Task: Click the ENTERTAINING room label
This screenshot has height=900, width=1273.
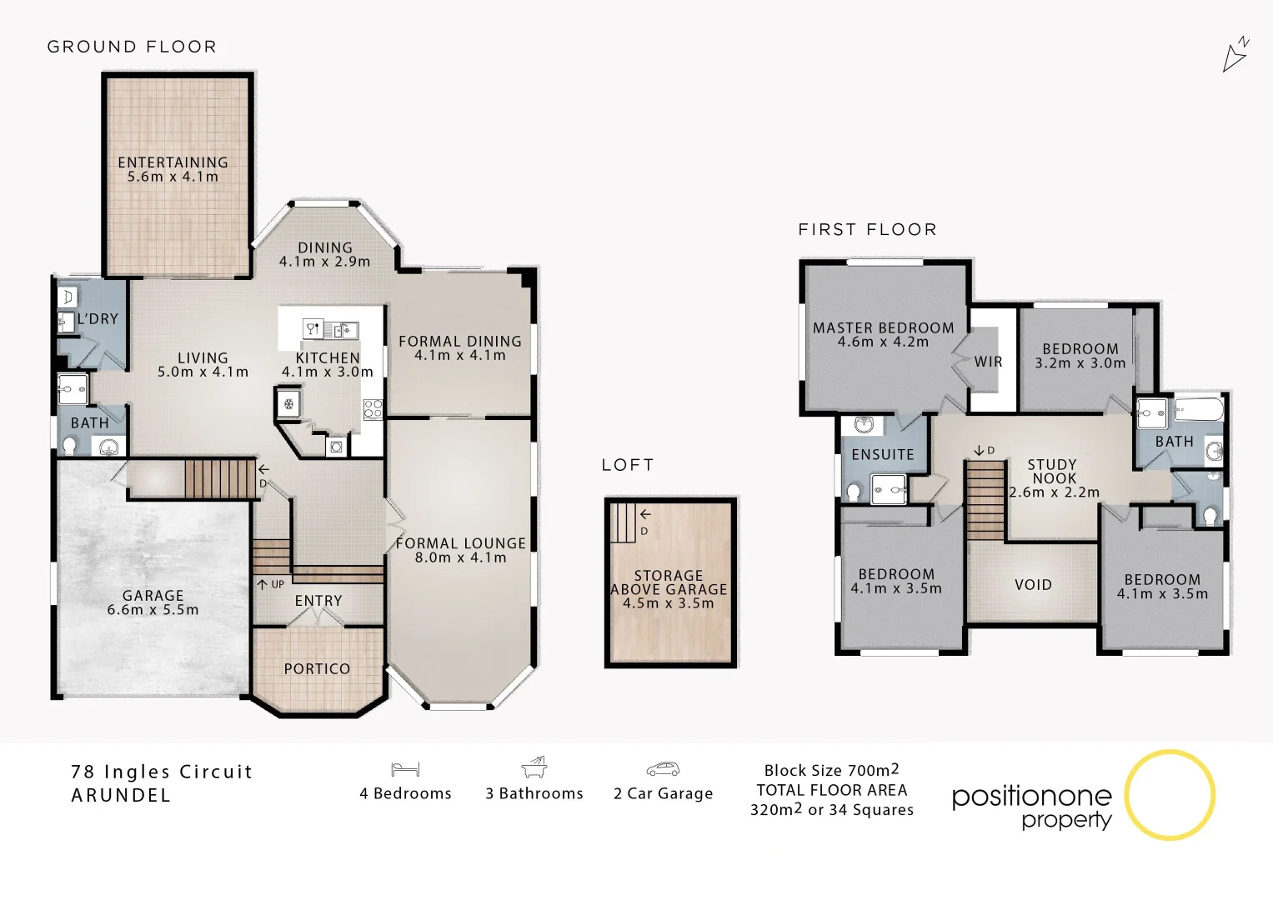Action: (x=173, y=162)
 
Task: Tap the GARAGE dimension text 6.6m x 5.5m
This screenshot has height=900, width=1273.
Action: (x=153, y=610)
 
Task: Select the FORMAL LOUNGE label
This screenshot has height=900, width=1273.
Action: (x=460, y=543)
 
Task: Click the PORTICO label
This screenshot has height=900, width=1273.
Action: (x=317, y=669)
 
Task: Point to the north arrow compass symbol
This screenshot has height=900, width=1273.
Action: (x=1235, y=55)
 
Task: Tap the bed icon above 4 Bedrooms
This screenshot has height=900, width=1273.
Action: (x=405, y=769)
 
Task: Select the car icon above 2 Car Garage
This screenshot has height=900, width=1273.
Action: (x=663, y=769)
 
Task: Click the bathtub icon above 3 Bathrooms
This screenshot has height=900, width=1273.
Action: (x=534, y=767)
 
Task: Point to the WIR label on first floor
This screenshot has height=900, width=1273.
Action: (x=988, y=362)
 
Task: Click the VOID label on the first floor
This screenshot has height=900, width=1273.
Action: (x=1033, y=585)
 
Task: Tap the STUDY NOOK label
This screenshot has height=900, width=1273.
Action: (x=1052, y=472)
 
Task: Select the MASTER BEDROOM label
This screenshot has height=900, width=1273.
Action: (x=883, y=328)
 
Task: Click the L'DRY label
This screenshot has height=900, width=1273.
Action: (x=98, y=319)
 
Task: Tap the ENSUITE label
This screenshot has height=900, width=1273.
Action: (x=883, y=455)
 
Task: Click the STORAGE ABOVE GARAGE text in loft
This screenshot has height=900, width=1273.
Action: (x=669, y=582)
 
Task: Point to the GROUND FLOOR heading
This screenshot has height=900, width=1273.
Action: (x=132, y=47)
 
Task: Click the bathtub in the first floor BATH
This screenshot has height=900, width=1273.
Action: (x=1199, y=410)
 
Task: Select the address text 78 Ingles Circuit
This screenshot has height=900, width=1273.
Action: (x=162, y=772)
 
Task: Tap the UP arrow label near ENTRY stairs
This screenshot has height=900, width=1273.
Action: (x=271, y=585)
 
